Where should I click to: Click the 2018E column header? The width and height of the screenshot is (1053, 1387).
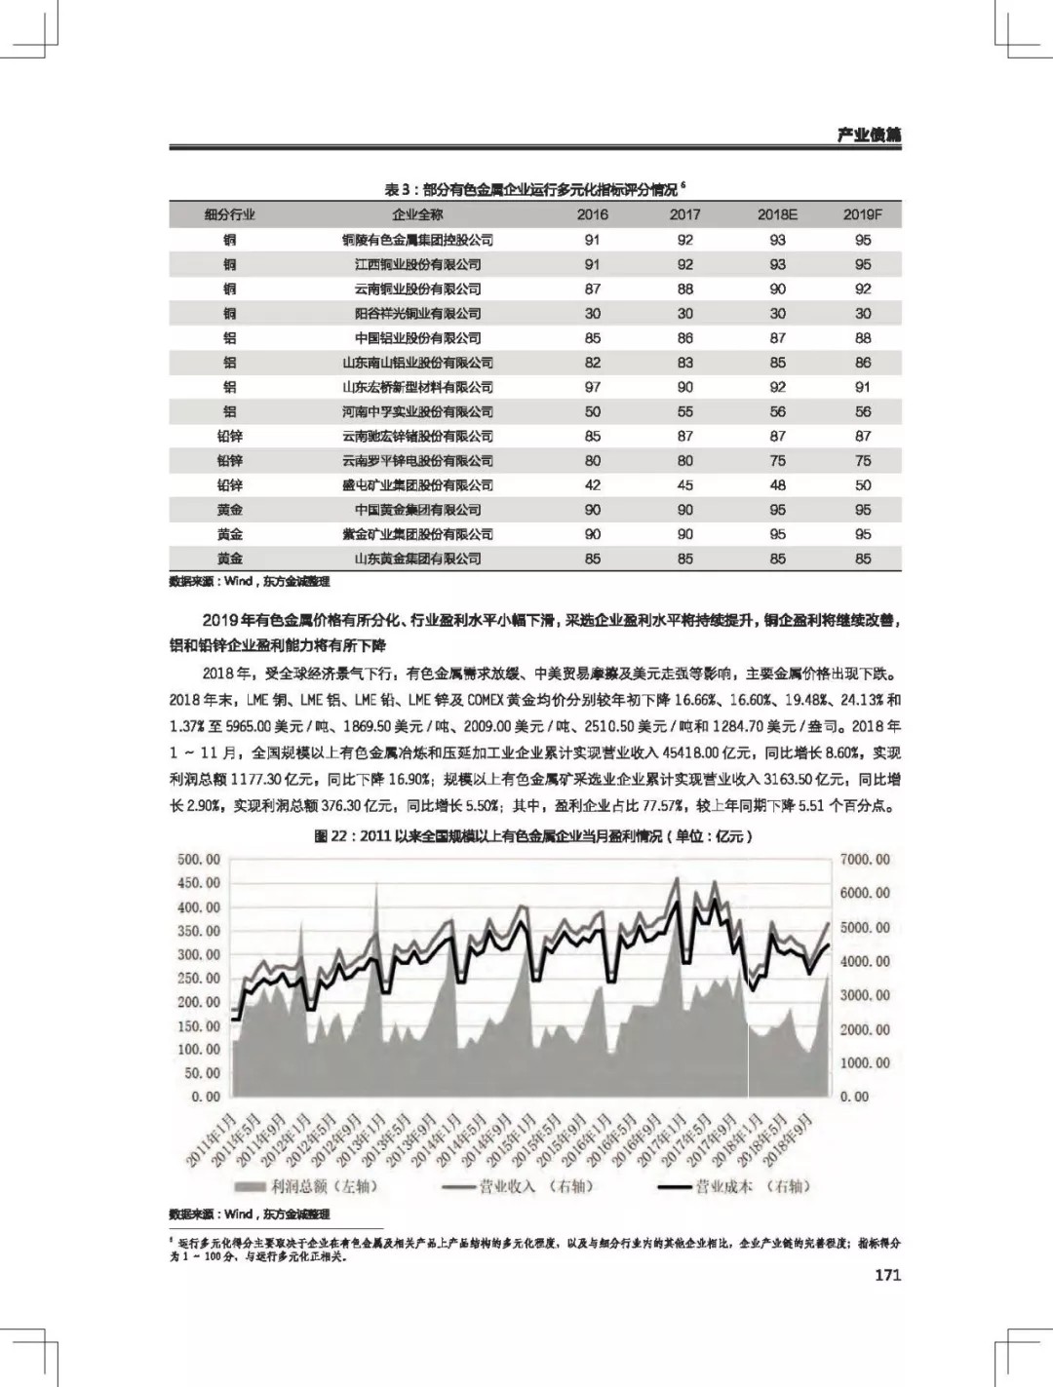777,214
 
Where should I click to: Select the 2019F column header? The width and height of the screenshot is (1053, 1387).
862,214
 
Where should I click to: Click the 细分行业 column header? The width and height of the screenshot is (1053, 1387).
229,214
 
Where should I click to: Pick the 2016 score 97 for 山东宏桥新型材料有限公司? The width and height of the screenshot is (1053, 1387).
593,387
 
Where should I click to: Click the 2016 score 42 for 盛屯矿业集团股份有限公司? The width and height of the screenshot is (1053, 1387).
593,485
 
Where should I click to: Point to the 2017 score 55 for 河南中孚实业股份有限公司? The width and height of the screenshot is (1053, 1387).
685,411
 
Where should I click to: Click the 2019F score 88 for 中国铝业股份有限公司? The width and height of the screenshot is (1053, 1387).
863,338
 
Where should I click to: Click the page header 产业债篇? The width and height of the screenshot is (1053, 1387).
869,135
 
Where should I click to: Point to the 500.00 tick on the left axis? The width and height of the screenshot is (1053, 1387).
199,860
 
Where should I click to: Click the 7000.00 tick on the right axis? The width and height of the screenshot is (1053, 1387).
865,860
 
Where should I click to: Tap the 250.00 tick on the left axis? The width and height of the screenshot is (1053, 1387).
199,979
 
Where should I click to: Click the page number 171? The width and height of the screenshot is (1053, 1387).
887,1275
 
